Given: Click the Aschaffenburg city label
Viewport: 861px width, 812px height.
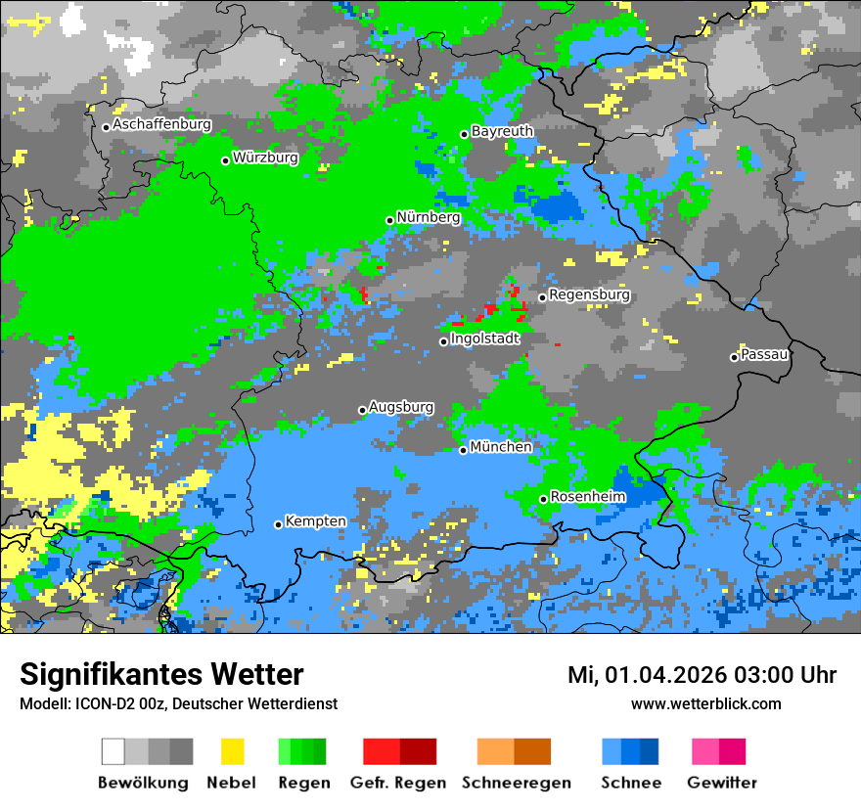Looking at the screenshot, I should tap(161, 125).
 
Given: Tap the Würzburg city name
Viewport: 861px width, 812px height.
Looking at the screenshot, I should tap(265, 158).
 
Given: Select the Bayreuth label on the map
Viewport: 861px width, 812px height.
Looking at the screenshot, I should tap(502, 131).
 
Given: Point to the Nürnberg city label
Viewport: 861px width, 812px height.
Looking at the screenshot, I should tap(429, 218).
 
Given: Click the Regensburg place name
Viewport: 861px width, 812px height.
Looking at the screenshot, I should tap(589, 294).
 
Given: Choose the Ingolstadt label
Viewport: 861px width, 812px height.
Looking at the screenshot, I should tap(484, 338).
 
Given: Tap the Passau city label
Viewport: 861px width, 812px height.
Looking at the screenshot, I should tap(764, 354).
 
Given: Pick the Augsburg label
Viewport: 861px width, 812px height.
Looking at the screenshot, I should tap(401, 407).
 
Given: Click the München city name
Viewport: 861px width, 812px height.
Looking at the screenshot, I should tap(501, 447).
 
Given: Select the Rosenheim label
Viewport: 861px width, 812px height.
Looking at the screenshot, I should tap(587, 497).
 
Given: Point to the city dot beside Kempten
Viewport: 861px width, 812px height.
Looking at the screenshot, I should tap(278, 525).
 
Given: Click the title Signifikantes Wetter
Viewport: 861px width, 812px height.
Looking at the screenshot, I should tap(161, 675).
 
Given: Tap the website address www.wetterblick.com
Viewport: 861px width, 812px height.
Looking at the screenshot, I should tap(706, 703).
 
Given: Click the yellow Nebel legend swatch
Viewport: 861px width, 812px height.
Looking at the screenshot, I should tap(232, 751).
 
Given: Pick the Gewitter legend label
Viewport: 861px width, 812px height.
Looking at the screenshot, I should tap(721, 783).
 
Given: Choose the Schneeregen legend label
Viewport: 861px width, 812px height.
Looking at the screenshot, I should tap(515, 783).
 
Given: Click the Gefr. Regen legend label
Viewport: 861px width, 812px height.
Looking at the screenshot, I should tap(398, 783).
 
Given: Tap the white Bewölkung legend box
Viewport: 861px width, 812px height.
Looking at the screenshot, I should tap(113, 751).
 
